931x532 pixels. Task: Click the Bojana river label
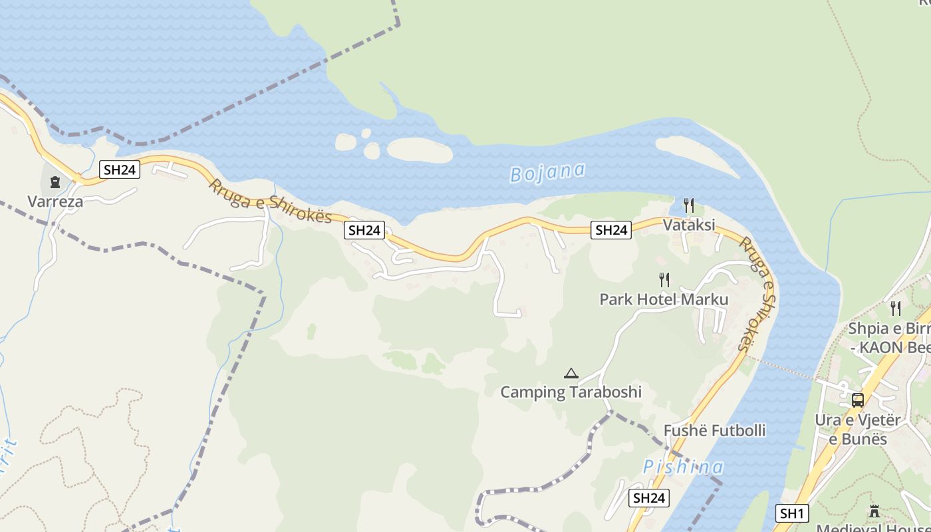(547, 172)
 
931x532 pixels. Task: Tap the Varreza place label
(55, 201)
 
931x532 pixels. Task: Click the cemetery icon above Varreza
(55, 182)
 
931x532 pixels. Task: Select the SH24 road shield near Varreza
(120, 170)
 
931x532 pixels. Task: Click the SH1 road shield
(791, 513)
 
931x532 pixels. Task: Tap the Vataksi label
(689, 225)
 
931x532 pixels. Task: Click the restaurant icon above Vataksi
(689, 205)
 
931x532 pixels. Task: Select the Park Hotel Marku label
(664, 299)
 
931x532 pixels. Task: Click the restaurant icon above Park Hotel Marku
(664, 279)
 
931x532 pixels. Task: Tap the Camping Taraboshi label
(571, 392)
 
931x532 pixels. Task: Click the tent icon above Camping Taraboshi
(571, 373)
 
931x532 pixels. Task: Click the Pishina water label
(683, 467)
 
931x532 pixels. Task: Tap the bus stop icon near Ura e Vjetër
(858, 400)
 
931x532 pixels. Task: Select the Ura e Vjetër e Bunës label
(858, 430)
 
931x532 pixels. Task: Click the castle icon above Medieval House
(874, 511)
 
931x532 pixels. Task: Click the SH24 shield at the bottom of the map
(649, 498)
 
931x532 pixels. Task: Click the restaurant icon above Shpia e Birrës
(896, 308)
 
